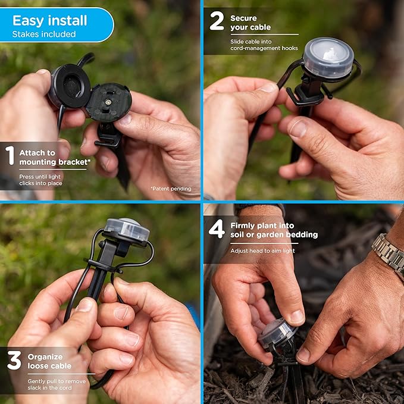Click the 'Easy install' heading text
(50, 20)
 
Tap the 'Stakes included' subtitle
(44, 35)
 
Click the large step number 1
(10, 156)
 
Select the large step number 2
(217, 21)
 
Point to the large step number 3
(14, 361)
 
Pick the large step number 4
(217, 228)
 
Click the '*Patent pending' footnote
(171, 189)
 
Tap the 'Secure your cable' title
(250, 23)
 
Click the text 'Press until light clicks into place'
(42, 180)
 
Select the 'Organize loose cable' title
(49, 361)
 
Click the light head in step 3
(127, 230)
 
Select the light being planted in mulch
(277, 333)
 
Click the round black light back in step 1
(70, 86)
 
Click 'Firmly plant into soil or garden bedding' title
(274, 230)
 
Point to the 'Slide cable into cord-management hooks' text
(264, 45)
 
